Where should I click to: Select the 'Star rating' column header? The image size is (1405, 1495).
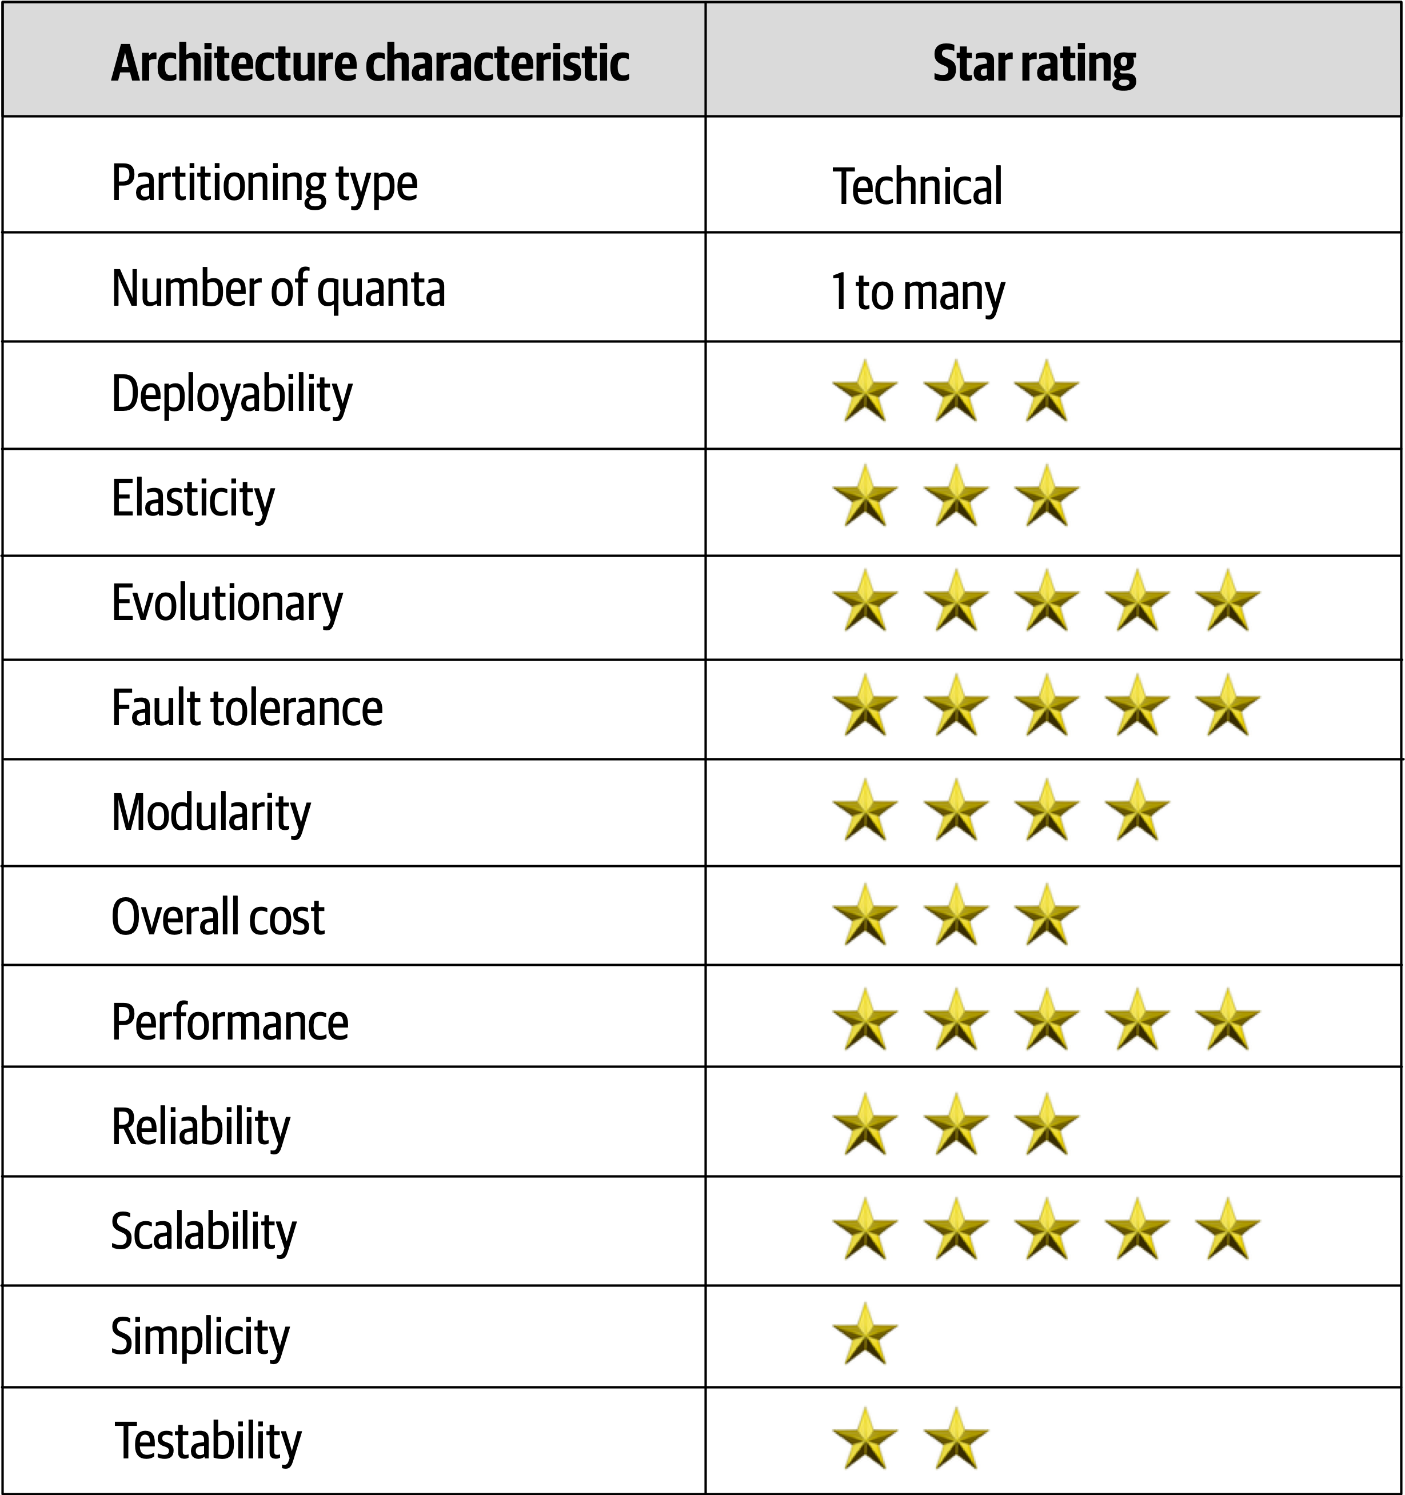[x=1034, y=64]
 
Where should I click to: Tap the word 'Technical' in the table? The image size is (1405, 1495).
[x=917, y=186]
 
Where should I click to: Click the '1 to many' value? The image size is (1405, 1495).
[x=917, y=292]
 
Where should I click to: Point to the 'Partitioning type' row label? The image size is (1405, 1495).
[x=264, y=183]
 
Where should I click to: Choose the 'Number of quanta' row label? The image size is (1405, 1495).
[x=278, y=289]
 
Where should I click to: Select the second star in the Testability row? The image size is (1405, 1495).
[x=956, y=1438]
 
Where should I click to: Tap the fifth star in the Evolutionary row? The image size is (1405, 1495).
[x=1227, y=600]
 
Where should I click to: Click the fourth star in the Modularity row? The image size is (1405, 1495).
[x=1137, y=810]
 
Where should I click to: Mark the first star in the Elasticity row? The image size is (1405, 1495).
[x=865, y=495]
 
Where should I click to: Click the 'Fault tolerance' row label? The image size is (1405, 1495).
[x=247, y=709]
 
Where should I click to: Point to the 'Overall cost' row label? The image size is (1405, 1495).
[x=218, y=917]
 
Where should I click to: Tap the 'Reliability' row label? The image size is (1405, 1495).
[x=201, y=1126]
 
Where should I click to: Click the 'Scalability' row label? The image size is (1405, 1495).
[x=204, y=1231]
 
